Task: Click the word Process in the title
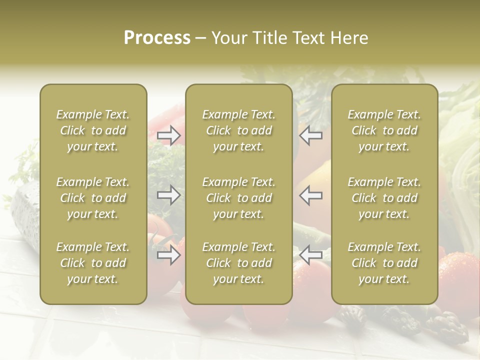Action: pyautogui.click(x=157, y=38)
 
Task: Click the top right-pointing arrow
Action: pyautogui.click(x=169, y=135)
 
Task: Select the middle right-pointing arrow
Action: pyautogui.click(x=169, y=195)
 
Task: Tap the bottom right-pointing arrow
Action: pyautogui.click(x=169, y=255)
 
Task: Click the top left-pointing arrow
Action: pyautogui.click(x=311, y=135)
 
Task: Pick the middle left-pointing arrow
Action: pyautogui.click(x=311, y=195)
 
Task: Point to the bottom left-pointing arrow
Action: pyautogui.click(x=311, y=255)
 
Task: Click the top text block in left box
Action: pyautogui.click(x=93, y=130)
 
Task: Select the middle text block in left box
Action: pyautogui.click(x=93, y=198)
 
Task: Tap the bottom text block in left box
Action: pyautogui.click(x=93, y=263)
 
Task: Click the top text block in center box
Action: pyautogui.click(x=239, y=130)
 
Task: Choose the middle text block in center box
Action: pyautogui.click(x=239, y=198)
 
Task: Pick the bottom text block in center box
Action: pyautogui.click(x=239, y=263)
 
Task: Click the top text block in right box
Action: pyautogui.click(x=384, y=130)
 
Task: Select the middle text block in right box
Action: pyautogui.click(x=384, y=198)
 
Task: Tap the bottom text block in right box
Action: pyautogui.click(x=384, y=263)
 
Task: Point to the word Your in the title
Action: pyautogui.click(x=228, y=38)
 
